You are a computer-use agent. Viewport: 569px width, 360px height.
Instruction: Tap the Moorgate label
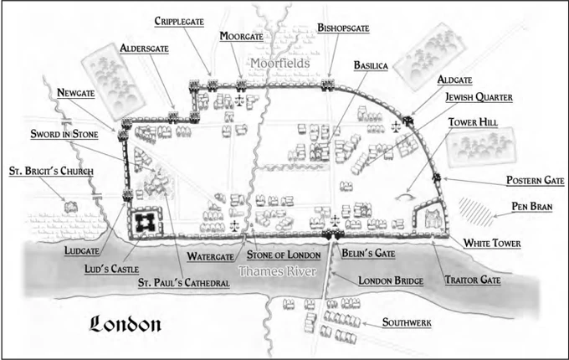point(241,36)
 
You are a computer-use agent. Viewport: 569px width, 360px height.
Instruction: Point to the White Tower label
point(494,244)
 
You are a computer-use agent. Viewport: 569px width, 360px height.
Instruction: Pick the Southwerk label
point(410,322)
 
